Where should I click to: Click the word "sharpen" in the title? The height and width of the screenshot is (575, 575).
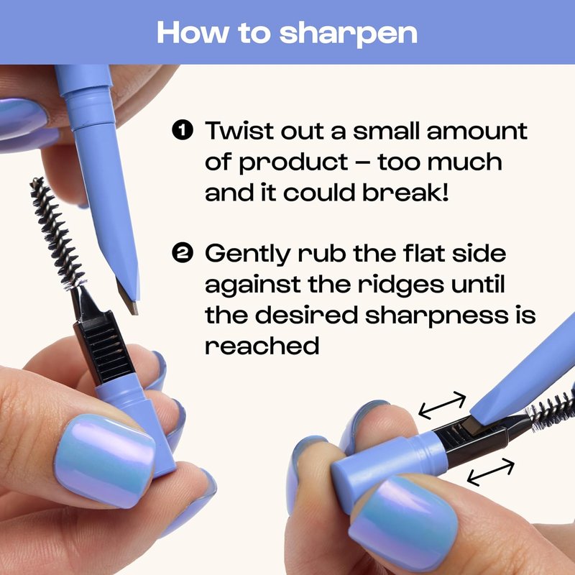point(348,34)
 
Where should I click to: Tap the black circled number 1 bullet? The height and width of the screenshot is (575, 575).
point(183,130)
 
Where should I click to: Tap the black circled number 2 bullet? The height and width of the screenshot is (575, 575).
point(183,253)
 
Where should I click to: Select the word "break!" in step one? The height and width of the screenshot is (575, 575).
point(405,192)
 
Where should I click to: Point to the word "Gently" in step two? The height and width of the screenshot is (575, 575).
point(247,254)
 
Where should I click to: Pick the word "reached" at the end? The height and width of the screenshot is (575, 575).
point(262,346)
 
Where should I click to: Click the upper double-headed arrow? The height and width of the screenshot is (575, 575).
point(442,405)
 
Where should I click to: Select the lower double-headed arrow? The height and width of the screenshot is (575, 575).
point(491,472)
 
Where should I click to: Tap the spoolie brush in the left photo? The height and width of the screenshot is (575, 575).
point(56,232)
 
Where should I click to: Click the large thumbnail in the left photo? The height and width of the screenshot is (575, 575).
point(105,459)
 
